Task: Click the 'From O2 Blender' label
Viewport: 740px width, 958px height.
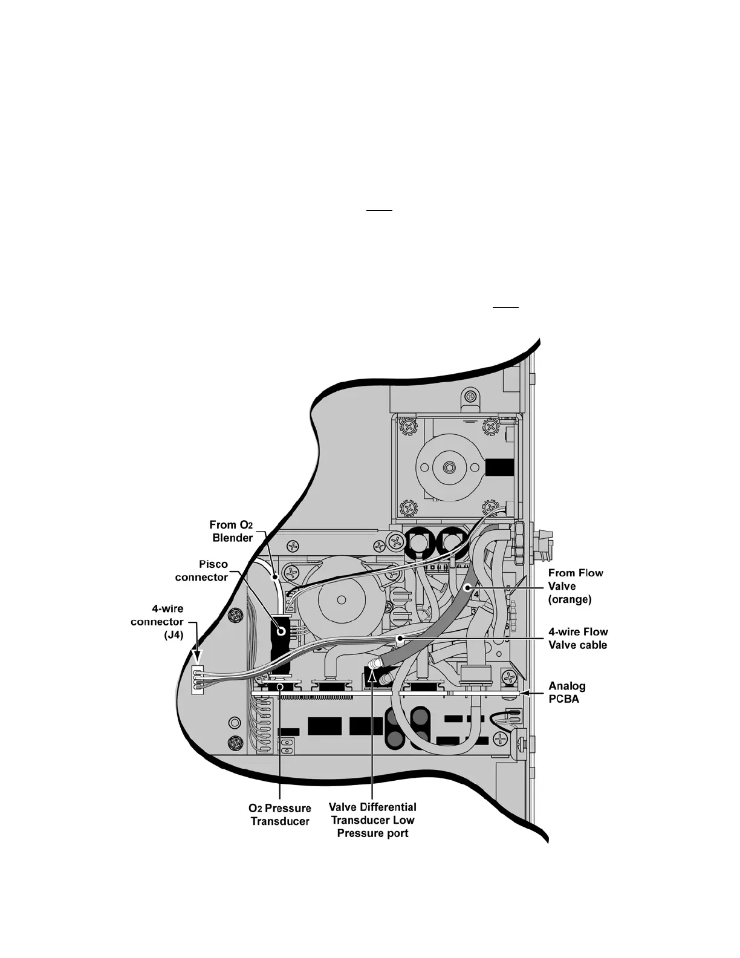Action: click(231, 531)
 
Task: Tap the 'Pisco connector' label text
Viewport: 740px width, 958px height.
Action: click(201, 570)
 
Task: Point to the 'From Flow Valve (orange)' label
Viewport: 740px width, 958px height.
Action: click(575, 586)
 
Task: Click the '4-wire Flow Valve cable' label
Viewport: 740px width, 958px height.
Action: click(577, 638)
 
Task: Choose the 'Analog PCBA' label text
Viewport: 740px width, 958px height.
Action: click(566, 692)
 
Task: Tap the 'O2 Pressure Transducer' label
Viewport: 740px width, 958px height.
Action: click(280, 814)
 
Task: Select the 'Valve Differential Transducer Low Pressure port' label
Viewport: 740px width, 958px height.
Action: click(372, 820)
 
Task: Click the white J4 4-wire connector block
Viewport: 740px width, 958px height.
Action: click(196, 680)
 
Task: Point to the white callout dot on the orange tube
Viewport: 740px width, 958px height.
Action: click(467, 587)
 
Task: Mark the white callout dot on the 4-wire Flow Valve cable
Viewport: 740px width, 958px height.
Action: click(398, 637)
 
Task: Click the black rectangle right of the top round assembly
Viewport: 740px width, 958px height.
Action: click(499, 468)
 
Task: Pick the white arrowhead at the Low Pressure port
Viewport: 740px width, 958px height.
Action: click(372, 678)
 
